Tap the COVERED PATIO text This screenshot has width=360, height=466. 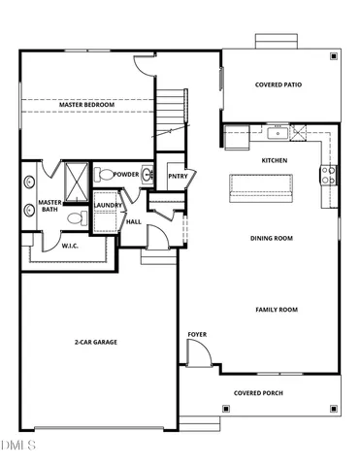tap(278, 84)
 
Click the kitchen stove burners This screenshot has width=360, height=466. tap(329, 175)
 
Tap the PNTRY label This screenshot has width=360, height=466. tap(177, 176)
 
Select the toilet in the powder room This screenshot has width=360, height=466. tap(102, 175)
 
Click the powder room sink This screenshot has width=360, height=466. tap(147, 175)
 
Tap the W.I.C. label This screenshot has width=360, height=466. tap(72, 247)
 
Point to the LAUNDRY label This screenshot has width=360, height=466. tap(106, 205)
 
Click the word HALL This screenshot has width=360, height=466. tap(133, 222)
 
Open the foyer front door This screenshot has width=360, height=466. tap(195, 355)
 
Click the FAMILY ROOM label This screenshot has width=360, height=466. tap(277, 310)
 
